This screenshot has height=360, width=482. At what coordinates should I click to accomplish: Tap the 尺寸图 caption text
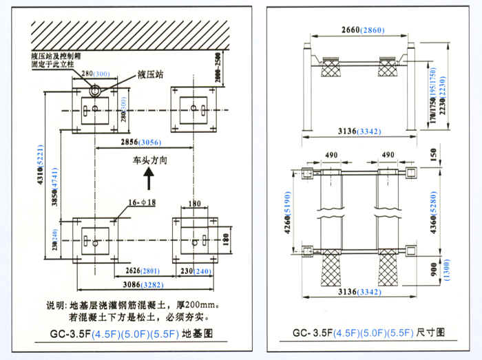[x=431, y=332]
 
